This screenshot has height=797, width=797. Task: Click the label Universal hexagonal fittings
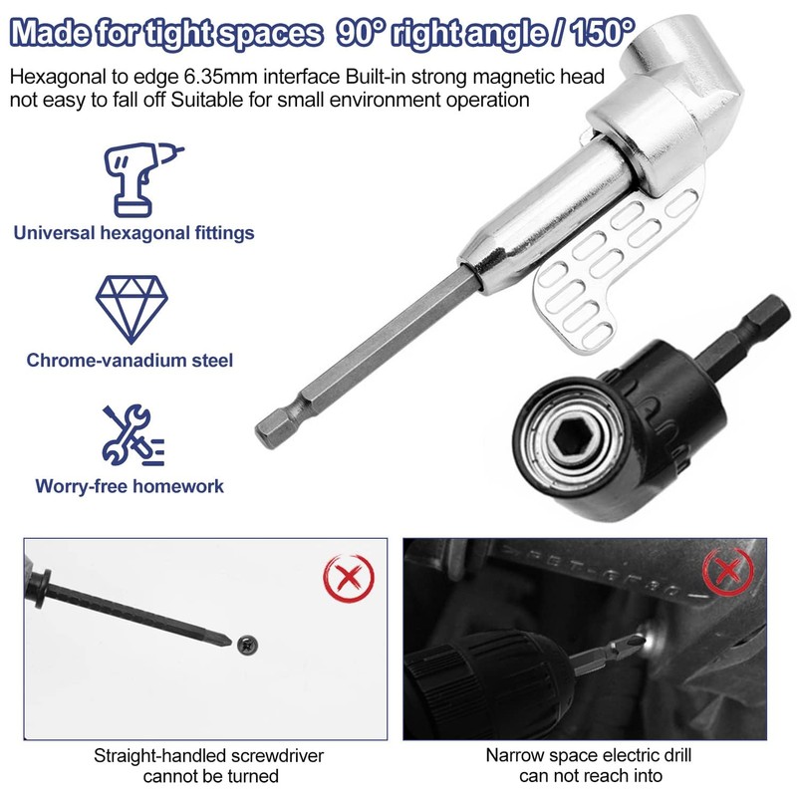[133, 233]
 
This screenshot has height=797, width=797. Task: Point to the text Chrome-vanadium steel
[131, 360]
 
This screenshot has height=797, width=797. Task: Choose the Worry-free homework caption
[130, 487]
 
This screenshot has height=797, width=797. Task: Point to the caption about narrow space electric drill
[587, 765]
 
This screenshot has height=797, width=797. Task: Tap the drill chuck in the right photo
[468, 688]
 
